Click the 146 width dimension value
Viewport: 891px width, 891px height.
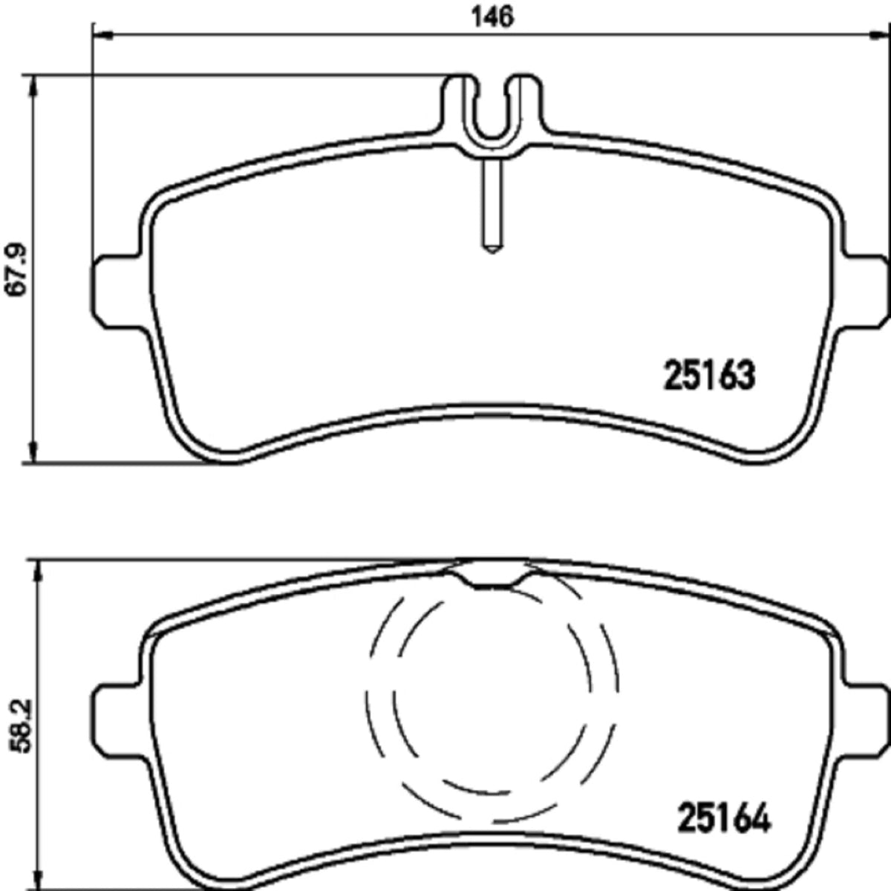coord(492,18)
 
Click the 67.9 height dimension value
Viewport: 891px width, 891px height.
coord(16,269)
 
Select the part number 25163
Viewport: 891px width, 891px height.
coord(709,375)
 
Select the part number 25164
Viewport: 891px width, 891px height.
coord(724,818)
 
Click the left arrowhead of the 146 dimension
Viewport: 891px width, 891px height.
coord(103,35)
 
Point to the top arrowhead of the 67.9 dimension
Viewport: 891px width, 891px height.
coord(33,85)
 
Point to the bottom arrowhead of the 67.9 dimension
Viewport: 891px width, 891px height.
coord(33,451)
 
